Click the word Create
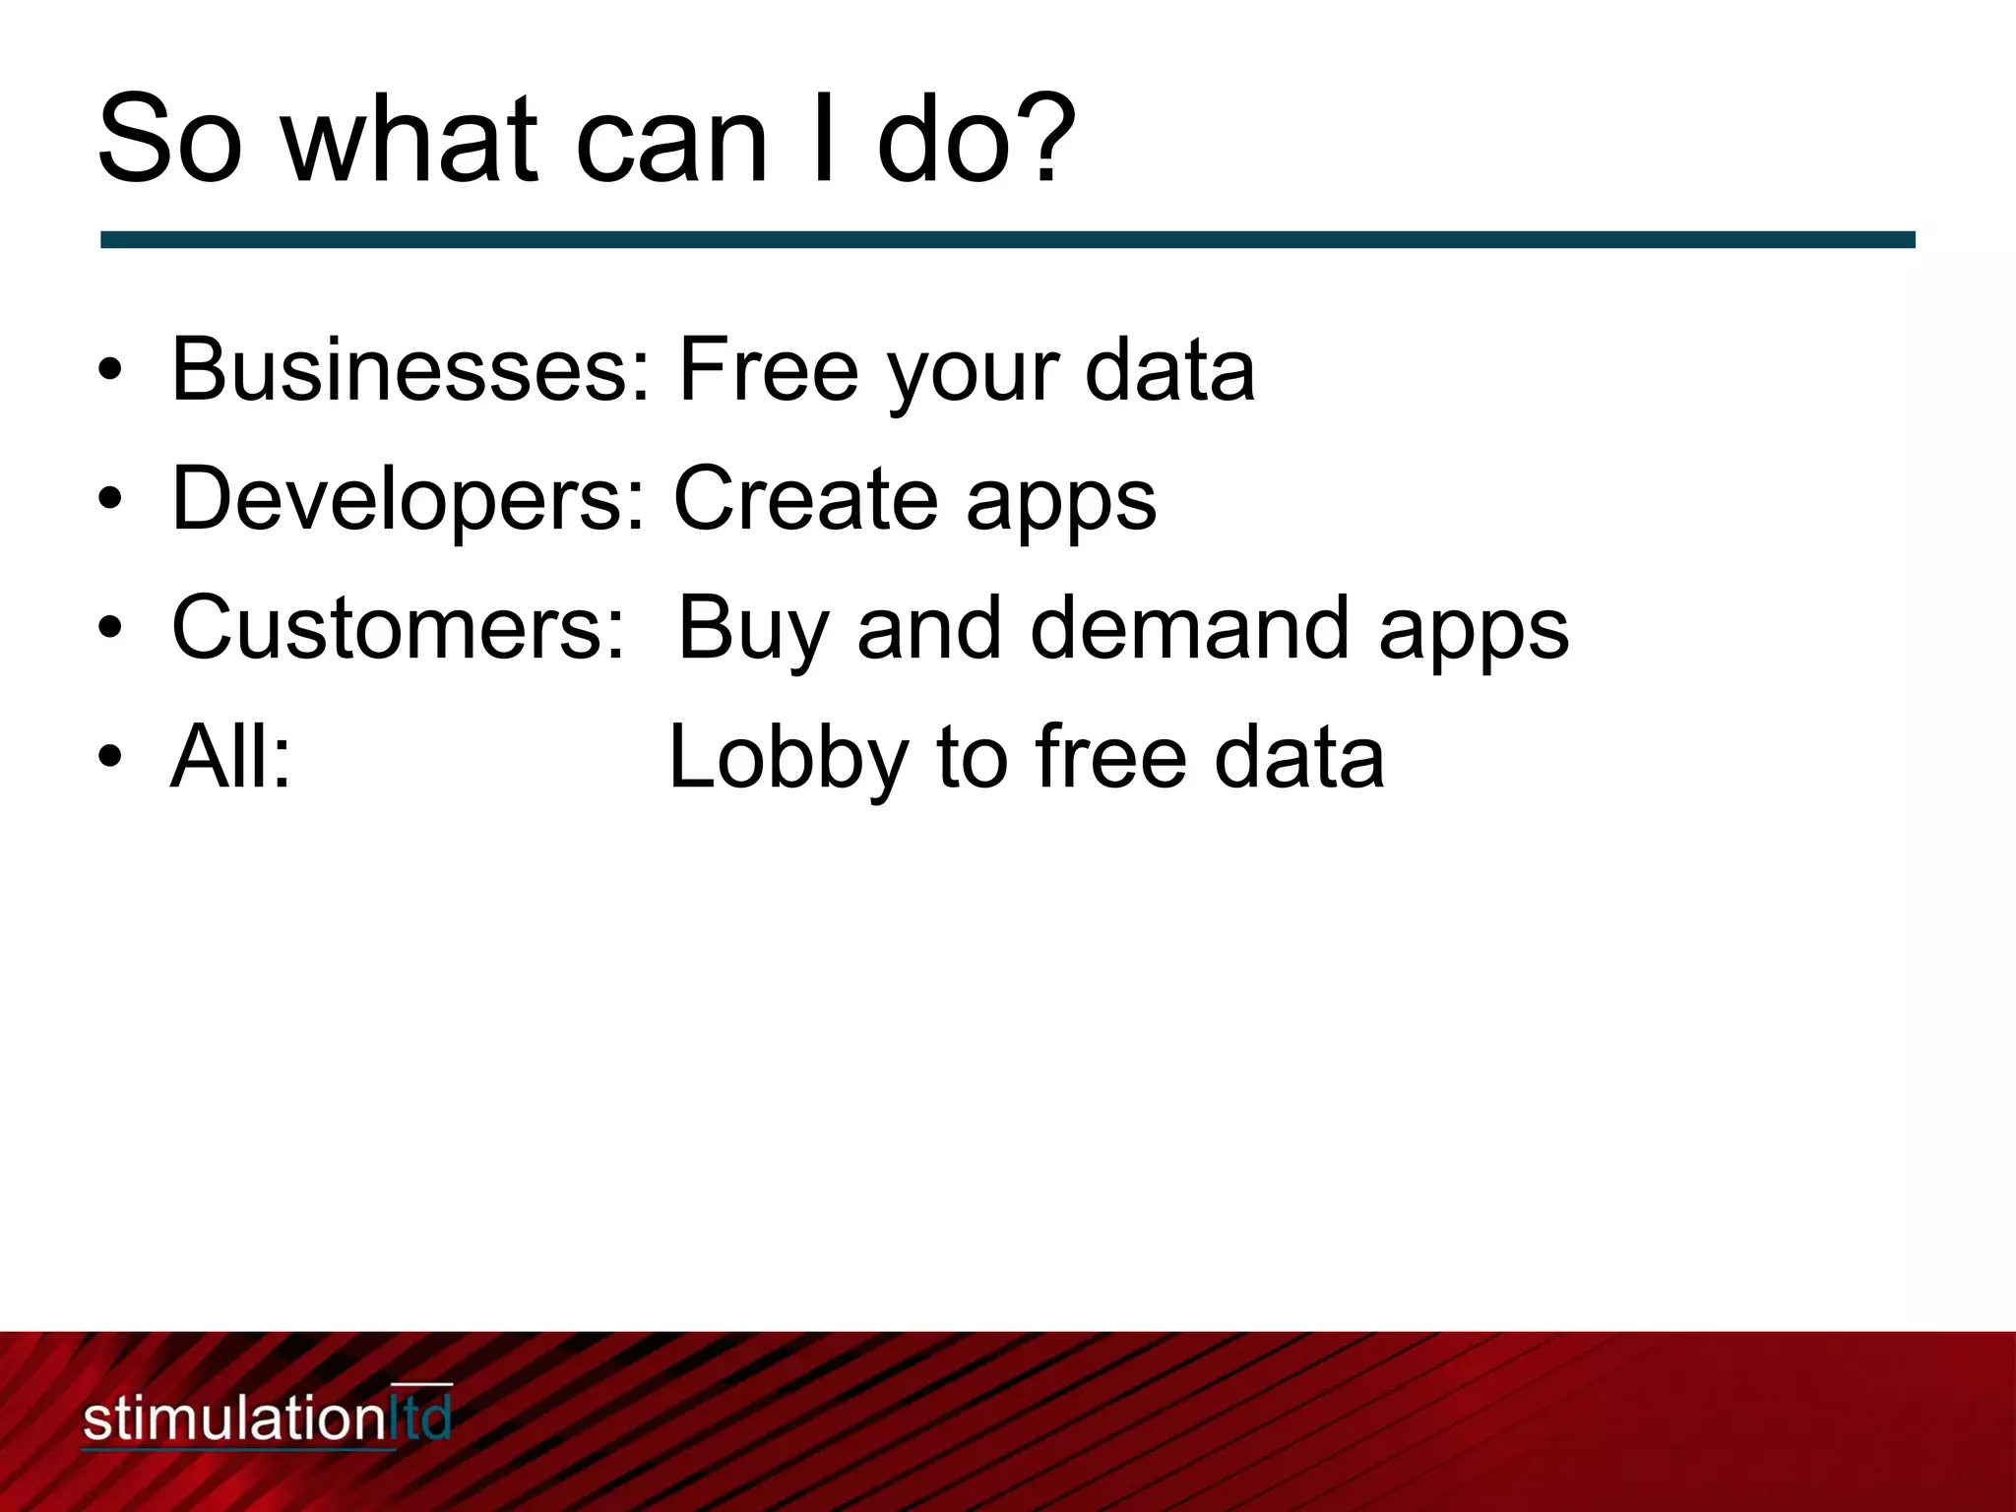pos(805,499)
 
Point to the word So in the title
pos(168,138)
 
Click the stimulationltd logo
pos(266,1418)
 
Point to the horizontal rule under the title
pos(1007,240)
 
